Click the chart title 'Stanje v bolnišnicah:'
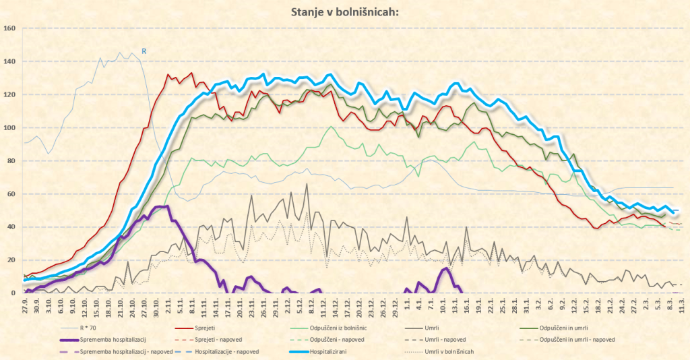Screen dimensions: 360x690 click(x=344, y=11)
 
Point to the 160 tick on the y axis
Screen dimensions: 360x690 click(x=9, y=28)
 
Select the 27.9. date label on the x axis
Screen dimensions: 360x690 click(x=25, y=303)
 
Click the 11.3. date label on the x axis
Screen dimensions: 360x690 click(x=683, y=303)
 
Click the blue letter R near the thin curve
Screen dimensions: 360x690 click(x=144, y=50)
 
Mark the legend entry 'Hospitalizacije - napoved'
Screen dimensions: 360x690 click(x=229, y=351)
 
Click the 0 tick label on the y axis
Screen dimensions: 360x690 click(x=13, y=293)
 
